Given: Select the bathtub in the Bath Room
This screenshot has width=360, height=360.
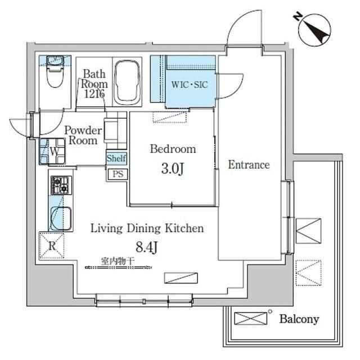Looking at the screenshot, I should [129, 83].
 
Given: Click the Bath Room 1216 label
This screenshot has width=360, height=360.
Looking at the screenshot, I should [93, 83].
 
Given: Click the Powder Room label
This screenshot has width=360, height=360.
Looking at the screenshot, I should [83, 136].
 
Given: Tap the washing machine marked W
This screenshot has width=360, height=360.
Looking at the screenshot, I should [54, 151].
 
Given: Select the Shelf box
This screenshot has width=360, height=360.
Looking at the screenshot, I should [116, 158].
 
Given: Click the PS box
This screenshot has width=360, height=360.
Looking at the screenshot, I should [117, 174].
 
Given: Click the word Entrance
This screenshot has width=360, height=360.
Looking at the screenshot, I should [249, 165].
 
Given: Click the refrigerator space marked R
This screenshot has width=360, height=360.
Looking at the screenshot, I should [51, 245].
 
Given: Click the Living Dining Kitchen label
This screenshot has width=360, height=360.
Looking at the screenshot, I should [147, 229].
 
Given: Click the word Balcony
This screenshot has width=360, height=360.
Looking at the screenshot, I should [299, 319].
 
